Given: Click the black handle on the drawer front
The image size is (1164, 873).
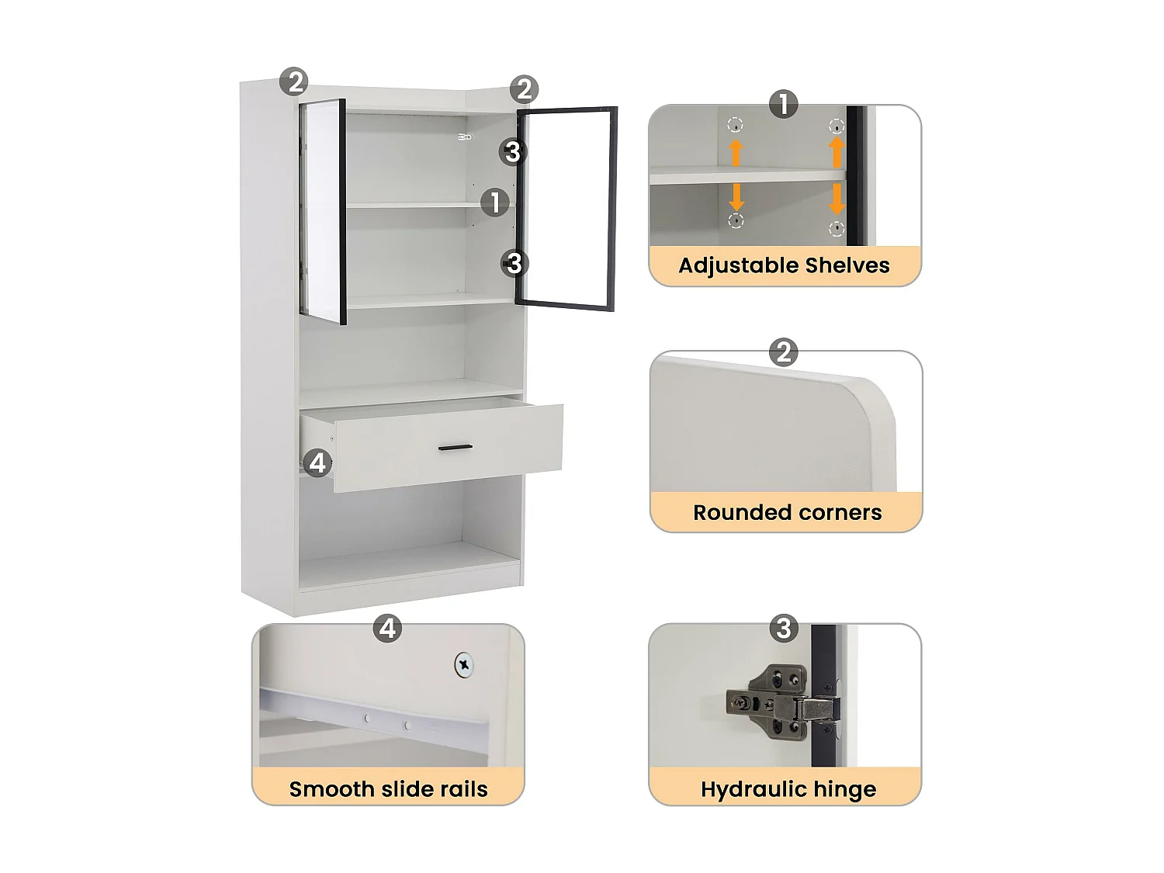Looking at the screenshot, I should (x=455, y=448).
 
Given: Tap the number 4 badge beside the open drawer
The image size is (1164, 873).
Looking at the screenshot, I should (x=317, y=463).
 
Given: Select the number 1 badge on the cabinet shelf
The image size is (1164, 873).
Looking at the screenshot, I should (x=495, y=203).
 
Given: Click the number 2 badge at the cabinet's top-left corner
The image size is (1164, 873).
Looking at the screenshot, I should (x=294, y=81).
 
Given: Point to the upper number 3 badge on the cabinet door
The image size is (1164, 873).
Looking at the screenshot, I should (x=512, y=152).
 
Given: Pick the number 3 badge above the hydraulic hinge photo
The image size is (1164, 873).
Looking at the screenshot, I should (x=784, y=628).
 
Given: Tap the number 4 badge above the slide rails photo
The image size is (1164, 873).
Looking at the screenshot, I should (x=388, y=628).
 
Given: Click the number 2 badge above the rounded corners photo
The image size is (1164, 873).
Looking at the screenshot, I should (x=784, y=353).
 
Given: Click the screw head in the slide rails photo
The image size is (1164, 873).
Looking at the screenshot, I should (x=464, y=664).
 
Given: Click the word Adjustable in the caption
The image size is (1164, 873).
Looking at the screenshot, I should (x=738, y=266).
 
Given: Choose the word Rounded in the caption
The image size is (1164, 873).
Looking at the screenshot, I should (x=738, y=513).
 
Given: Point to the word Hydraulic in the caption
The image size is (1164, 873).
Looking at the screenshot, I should (x=744, y=790).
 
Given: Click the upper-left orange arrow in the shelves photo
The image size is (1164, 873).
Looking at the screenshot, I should (x=736, y=152).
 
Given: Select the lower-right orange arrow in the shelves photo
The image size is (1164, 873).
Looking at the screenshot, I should (x=837, y=199).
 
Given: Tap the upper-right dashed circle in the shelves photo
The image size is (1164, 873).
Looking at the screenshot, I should (x=837, y=126).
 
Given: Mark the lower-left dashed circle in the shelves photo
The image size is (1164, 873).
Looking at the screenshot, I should (x=736, y=221).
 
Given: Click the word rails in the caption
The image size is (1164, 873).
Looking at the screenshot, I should (x=461, y=789).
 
